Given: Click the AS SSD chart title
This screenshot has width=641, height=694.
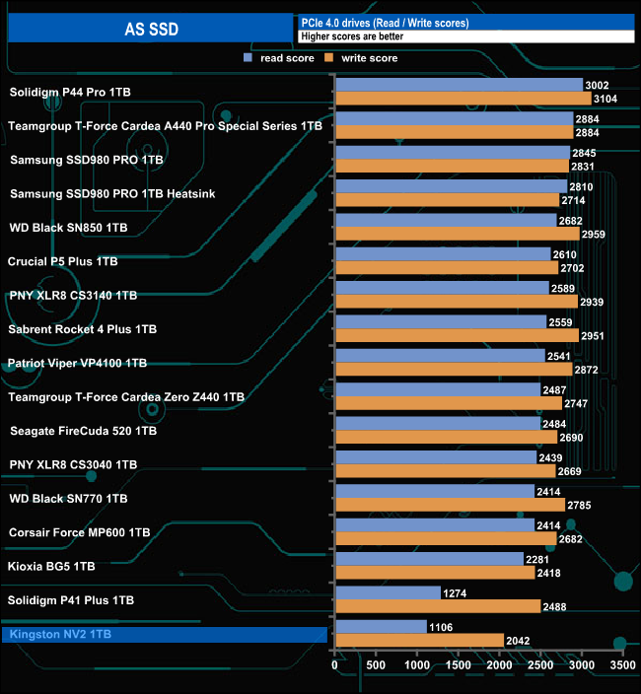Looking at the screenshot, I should (x=151, y=29).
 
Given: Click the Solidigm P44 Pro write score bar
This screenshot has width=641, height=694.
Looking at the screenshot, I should (x=463, y=99).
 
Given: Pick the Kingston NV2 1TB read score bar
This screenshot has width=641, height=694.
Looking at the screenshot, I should (x=381, y=626).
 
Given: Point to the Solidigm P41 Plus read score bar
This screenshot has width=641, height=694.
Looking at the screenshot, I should (x=388, y=592).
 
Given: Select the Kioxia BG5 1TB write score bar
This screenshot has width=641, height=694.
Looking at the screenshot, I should (x=435, y=572).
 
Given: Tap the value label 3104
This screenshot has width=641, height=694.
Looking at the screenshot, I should (x=605, y=99).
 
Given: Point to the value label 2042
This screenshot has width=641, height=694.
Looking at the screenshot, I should (x=518, y=640).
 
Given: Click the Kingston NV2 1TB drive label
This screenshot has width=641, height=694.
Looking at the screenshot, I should (x=58, y=634).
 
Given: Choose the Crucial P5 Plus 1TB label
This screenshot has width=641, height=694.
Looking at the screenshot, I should (x=62, y=261).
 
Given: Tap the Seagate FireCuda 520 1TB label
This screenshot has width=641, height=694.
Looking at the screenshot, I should (x=82, y=431).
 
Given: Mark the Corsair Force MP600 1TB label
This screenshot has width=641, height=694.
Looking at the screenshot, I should (x=79, y=532).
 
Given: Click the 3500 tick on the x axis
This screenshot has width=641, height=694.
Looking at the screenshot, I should (x=622, y=666).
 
